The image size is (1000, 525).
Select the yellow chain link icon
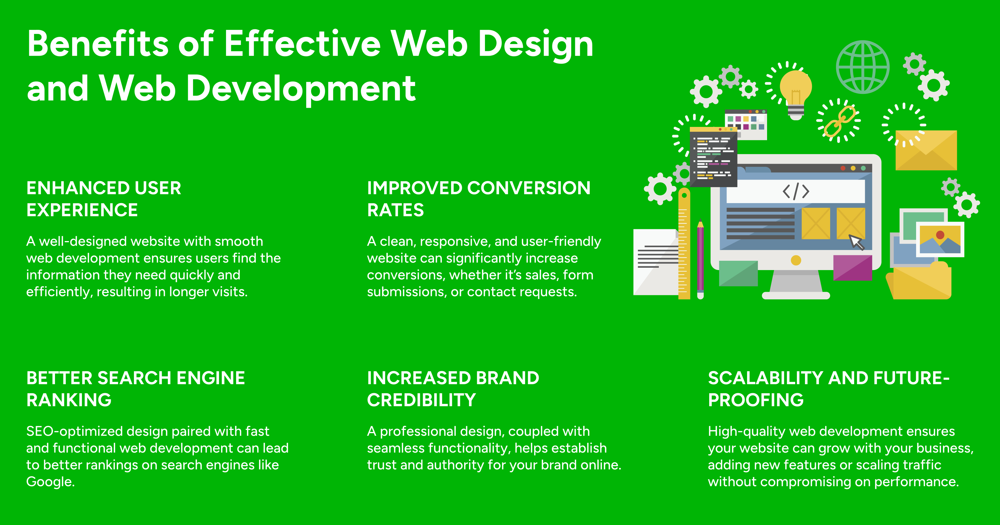(839, 121)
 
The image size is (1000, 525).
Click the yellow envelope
(926, 150)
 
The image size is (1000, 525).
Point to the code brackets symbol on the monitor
(796, 191)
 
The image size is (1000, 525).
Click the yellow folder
(919, 280)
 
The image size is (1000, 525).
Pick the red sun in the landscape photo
(940, 235)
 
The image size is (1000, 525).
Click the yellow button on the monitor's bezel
(796, 260)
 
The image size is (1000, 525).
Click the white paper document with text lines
(656, 262)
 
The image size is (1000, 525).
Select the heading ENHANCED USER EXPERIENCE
(104, 199)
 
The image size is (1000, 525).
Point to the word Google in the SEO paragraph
(50, 482)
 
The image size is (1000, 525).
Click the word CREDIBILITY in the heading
(421, 400)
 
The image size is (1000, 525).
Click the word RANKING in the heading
(69, 400)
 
